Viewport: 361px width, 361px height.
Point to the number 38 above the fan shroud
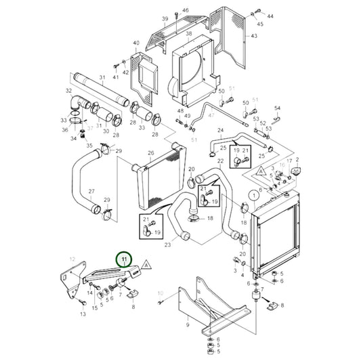click(188, 33)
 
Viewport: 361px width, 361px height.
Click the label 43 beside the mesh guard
click(254, 36)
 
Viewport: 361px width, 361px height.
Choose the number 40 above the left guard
click(135, 43)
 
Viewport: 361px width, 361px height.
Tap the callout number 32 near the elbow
click(68, 90)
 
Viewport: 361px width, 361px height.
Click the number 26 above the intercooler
click(151, 153)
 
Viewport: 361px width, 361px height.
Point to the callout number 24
click(220, 130)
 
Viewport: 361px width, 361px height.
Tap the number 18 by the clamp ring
click(210, 218)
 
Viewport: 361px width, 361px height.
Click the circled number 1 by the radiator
click(253, 194)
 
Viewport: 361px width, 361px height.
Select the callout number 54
click(277, 108)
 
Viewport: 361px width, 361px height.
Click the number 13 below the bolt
click(83, 314)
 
